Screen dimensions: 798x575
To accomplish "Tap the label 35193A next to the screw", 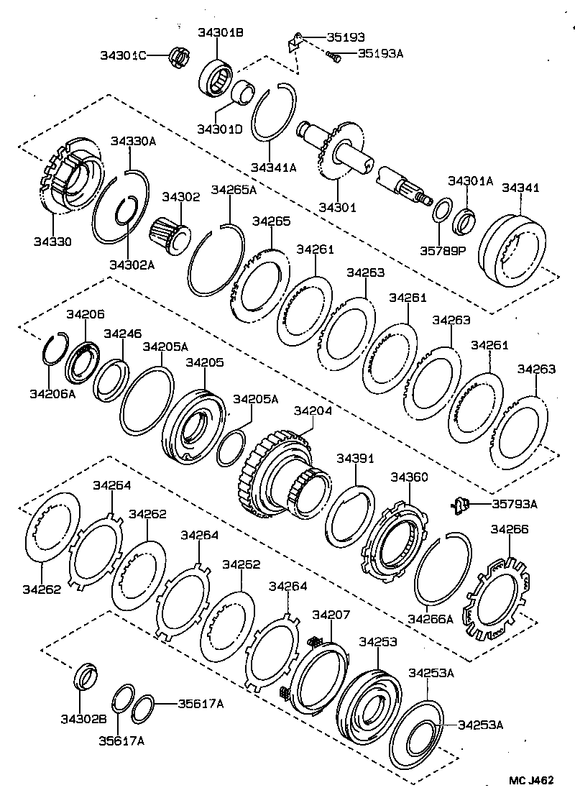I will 380,53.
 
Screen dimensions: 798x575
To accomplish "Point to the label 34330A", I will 132,142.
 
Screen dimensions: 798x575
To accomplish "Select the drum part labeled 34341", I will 515,248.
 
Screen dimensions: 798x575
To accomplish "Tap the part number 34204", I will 313,411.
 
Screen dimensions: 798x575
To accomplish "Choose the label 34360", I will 408,477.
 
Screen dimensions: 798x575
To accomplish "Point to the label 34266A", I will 430,618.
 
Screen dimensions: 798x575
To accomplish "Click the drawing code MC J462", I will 532,781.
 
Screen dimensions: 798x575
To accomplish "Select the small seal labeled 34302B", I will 85,677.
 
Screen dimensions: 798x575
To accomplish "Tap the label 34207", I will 331,615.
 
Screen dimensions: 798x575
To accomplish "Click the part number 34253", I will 378,641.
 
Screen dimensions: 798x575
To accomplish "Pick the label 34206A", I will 52,393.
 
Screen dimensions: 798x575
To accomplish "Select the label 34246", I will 122,334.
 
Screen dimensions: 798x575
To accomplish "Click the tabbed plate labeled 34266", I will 494,596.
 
